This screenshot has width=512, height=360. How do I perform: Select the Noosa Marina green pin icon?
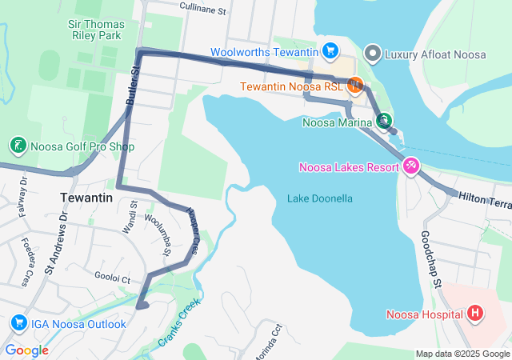(384, 122)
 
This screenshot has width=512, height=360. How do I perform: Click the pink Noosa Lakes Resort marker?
(410, 166)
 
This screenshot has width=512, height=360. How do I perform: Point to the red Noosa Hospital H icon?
(476, 312)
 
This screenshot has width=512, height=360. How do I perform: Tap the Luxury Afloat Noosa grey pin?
(372, 54)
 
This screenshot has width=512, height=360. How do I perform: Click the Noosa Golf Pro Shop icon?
(17, 146)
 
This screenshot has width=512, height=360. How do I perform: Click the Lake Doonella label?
(320, 198)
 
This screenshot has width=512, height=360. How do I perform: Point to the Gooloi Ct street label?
(111, 279)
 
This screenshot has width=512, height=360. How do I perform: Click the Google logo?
(27, 350)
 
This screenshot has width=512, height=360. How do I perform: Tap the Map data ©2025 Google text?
(462, 354)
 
